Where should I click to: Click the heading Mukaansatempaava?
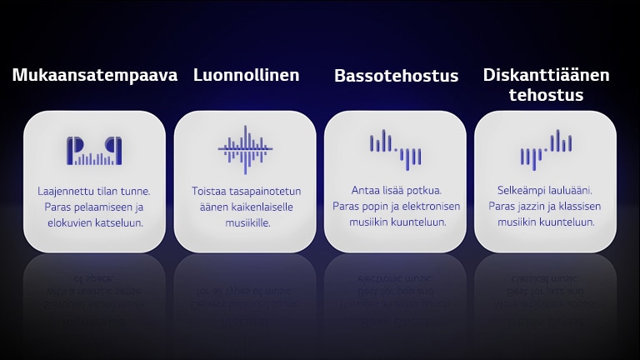pyautogui.click(x=95, y=75)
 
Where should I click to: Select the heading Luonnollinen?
pyautogui.click(x=246, y=75)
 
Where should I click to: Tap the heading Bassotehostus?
pyautogui.click(x=396, y=76)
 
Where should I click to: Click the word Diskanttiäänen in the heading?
pyautogui.click(x=546, y=75)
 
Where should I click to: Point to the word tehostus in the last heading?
pyautogui.click(x=546, y=95)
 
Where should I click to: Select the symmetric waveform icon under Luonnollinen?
pyautogui.click(x=245, y=149)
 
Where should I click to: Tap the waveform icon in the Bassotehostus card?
pyautogui.click(x=395, y=148)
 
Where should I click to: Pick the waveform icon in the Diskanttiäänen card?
pyautogui.click(x=546, y=148)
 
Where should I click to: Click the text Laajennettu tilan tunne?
pyautogui.click(x=94, y=191)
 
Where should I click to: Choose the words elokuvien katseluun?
pyautogui.click(x=95, y=222)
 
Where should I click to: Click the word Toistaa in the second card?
pyautogui.click(x=207, y=191)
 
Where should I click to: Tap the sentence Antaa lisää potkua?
pyautogui.click(x=396, y=191)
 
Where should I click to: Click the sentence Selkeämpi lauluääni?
pyautogui.click(x=546, y=191)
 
